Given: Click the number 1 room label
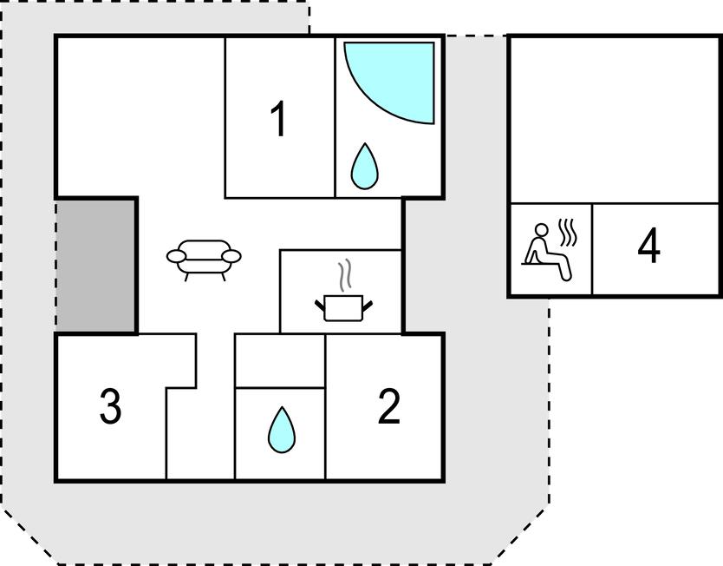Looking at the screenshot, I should [x=278, y=120].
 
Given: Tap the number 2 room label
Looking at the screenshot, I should [x=389, y=406].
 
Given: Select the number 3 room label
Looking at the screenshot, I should [x=110, y=407].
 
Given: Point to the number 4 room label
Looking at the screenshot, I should [x=648, y=247].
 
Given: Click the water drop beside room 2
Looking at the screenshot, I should [x=280, y=429].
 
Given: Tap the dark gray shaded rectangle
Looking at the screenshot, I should [x=96, y=265].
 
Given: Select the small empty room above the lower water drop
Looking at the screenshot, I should [x=280, y=360].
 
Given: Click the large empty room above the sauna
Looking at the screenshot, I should [x=614, y=119].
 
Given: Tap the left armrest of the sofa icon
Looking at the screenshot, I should [x=177, y=257].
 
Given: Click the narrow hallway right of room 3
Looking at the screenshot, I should [x=200, y=434].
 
